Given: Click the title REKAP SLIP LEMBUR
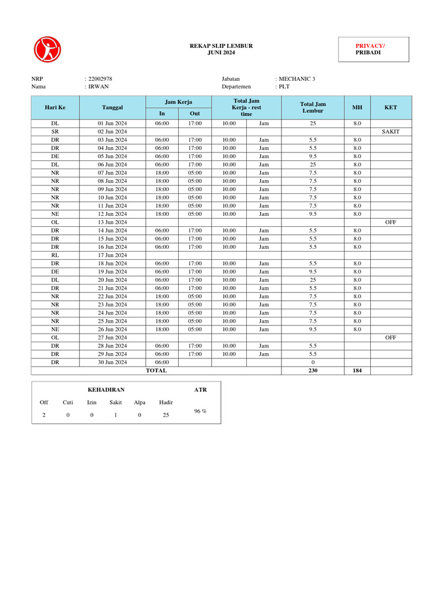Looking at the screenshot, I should click(221, 46).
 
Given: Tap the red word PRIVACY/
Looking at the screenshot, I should click(370, 46).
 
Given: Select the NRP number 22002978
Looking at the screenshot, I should click(100, 78).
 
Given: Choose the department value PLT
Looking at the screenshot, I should click(284, 87).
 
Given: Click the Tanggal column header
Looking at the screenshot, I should click(112, 107).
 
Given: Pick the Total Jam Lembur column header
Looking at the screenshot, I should click(313, 107).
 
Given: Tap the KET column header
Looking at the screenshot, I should click(391, 107).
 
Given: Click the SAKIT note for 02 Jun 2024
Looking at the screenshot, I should click(391, 132).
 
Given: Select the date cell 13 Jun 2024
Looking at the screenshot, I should click(112, 222).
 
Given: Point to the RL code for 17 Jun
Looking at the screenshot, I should click(55, 255).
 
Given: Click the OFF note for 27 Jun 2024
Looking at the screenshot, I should click(391, 338).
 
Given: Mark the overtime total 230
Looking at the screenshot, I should click(313, 371).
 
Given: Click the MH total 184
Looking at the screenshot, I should click(357, 371).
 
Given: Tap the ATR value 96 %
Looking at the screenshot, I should click(200, 411).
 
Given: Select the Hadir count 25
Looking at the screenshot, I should click(166, 415).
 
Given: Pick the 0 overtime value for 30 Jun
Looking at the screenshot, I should click(313, 362).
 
